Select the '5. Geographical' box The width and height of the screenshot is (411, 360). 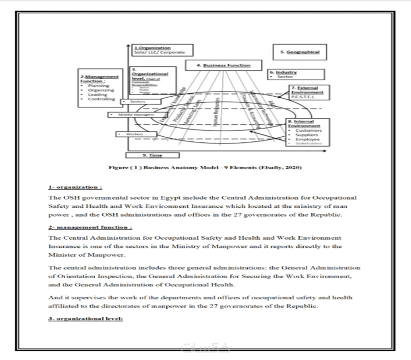pos(300,52)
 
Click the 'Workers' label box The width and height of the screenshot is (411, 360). pos(129,134)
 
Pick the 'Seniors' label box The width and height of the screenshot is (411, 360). pos(137,102)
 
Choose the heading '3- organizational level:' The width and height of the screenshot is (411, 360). pos(85,319)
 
